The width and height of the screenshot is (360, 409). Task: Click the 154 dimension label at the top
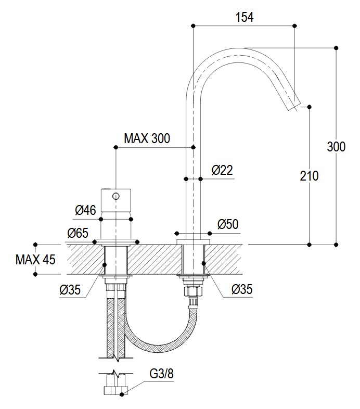click(245, 17)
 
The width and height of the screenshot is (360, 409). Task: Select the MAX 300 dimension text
click(147, 138)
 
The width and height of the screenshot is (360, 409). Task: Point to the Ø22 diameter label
click(222, 170)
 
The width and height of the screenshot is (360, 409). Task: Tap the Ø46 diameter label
click(85, 210)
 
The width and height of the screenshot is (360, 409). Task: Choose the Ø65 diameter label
click(78, 233)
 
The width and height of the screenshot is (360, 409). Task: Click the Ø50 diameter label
click(228, 224)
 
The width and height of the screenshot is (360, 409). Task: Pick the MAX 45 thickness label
click(35, 260)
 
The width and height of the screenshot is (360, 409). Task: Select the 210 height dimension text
click(309, 176)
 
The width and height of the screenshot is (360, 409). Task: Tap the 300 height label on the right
click(336, 147)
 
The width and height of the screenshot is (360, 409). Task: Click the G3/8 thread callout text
click(161, 374)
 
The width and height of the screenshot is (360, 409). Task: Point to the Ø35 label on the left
click(70, 289)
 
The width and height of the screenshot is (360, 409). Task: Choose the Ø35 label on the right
click(242, 289)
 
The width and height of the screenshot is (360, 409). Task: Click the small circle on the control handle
click(116, 196)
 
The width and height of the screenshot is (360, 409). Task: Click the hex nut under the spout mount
click(194, 291)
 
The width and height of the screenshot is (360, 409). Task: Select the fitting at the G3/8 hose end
click(116, 390)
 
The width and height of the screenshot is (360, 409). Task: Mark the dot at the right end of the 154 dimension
click(295, 25)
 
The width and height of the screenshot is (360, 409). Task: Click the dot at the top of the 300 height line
click(336, 48)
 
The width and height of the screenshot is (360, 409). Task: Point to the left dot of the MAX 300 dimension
click(116, 147)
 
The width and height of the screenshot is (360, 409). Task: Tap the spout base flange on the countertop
click(194, 242)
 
